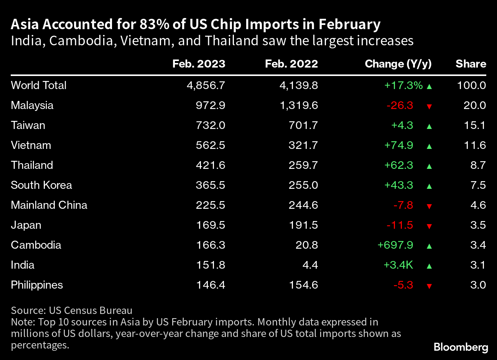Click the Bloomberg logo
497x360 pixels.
pos(461,347)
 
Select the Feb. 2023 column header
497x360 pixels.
pos(199,64)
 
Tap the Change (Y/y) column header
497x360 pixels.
pos(398,64)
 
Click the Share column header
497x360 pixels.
pos(471,64)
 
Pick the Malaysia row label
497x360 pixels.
pos(32,105)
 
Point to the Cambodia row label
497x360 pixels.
pos(36,245)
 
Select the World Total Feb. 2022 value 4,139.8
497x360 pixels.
pos(299,85)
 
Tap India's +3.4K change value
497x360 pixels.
pos(398,265)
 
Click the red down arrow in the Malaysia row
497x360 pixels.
pos(429,106)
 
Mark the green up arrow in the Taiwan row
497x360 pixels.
pos(429,126)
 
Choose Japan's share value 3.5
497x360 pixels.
pos(478,225)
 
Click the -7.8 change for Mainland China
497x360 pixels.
pos(403,205)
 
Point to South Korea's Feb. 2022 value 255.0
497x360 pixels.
pos(303,185)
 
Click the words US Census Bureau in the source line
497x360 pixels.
pos(91,310)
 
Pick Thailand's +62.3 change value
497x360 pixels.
pos(399,165)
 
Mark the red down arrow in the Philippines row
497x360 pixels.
pos(429,286)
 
